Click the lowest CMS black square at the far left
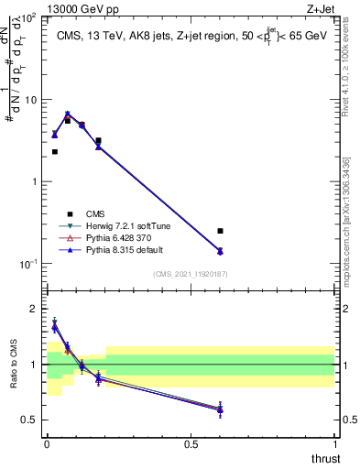click(x=55, y=152)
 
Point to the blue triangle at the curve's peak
click(x=68, y=115)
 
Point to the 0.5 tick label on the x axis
click(x=191, y=443)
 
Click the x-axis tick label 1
click(x=334, y=443)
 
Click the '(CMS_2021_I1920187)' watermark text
click(x=190, y=274)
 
